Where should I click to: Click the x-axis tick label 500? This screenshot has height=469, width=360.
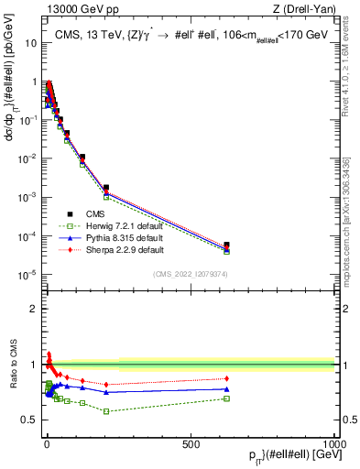pyautogui.click(x=191, y=443)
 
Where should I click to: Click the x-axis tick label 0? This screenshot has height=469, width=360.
pyautogui.click(x=46, y=443)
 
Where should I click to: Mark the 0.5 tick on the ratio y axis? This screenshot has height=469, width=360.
pyautogui.click(x=31, y=420)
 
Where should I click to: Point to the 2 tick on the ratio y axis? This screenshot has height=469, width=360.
pyautogui.click(x=35, y=309)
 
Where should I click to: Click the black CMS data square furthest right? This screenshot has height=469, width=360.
pyautogui.click(x=226, y=245)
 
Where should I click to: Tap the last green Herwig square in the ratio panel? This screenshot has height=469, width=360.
pyautogui.click(x=226, y=398)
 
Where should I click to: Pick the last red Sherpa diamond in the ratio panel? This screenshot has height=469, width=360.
pyautogui.click(x=226, y=378)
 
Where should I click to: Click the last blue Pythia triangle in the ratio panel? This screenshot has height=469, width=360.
pyautogui.click(x=226, y=389)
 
